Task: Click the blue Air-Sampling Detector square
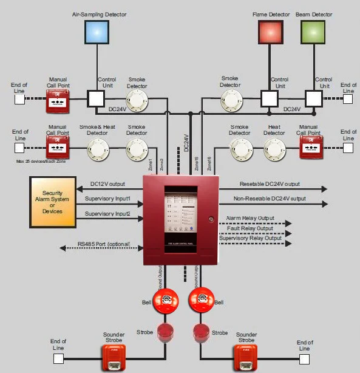tap(97, 32)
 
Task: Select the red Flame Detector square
tap(270, 32)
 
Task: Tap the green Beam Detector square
tap(313, 32)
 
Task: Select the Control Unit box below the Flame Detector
tap(270, 98)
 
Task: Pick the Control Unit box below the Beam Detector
tap(313, 98)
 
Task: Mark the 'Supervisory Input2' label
tap(107, 213)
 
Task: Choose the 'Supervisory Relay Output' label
tap(250, 238)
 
